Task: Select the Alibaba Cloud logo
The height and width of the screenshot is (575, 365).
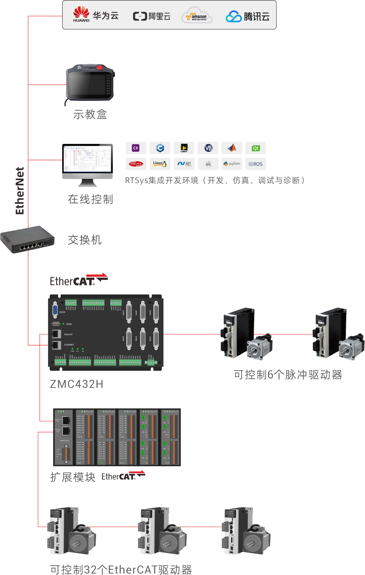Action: coord(152,16)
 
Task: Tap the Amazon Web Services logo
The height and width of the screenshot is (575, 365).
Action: coord(197,16)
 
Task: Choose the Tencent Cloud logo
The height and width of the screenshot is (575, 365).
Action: coord(248,16)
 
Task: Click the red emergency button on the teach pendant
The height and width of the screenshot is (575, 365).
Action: coord(100,68)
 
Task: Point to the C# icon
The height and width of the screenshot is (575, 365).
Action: coord(136,148)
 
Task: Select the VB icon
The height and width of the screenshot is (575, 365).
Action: coord(208,148)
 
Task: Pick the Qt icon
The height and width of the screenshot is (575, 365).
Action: coord(255,148)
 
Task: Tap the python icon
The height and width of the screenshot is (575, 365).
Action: coord(232,164)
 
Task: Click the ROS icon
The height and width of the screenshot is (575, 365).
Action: coord(255,164)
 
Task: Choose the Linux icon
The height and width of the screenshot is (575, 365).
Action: coord(160,164)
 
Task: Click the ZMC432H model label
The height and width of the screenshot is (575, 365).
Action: coord(76,384)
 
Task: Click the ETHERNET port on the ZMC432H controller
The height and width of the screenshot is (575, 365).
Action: coord(56,345)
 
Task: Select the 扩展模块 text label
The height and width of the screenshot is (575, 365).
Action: coord(73,477)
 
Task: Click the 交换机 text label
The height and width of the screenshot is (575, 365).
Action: coord(84,240)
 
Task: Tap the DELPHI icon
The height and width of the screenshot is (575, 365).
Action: coord(136,164)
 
